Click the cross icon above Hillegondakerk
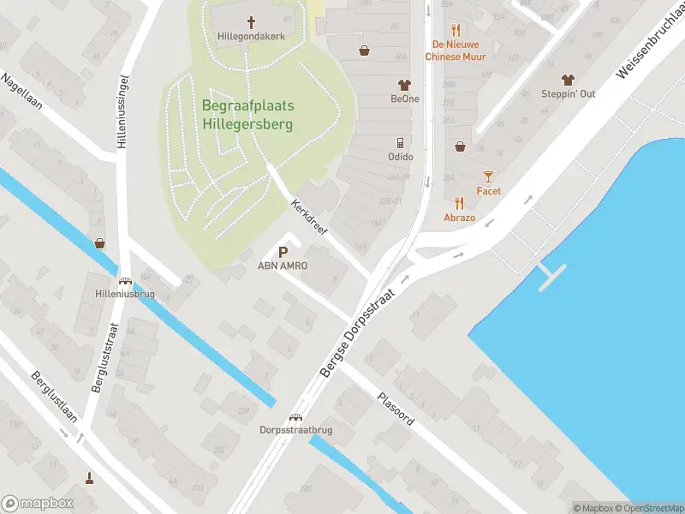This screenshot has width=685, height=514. coord(252,22)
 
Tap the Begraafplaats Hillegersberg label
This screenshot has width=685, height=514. coord(248,115)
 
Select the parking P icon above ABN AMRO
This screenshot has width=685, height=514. coord(283,252)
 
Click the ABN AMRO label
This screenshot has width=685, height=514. coord(283,266)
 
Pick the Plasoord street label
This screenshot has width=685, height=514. coord(396,410)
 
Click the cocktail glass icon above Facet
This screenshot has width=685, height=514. coord(488,176)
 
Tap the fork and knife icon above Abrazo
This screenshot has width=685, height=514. coord(460,203)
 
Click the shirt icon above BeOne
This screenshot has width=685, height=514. coord(404,85)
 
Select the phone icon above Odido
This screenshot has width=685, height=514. coord(400,142)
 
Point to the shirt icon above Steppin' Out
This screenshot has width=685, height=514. coord(568,80)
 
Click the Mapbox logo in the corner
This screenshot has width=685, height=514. coord(38,503)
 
